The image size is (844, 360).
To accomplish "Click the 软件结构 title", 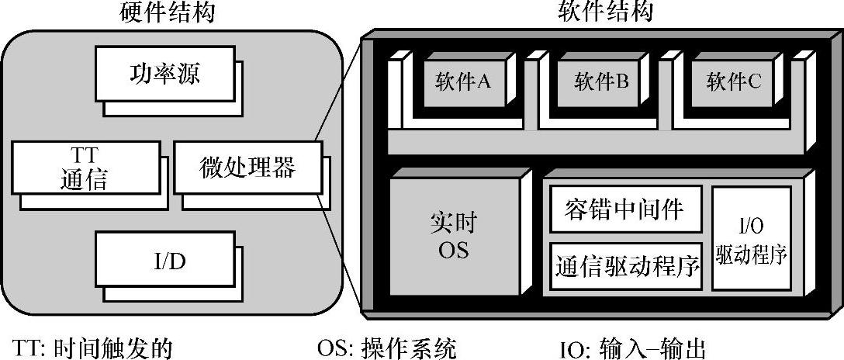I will (605, 12).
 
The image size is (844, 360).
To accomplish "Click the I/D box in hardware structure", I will (164, 261).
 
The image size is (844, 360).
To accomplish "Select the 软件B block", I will (601, 81).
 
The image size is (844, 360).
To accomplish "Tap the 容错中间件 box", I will (625, 209).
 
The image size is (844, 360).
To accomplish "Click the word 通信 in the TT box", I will (84, 180).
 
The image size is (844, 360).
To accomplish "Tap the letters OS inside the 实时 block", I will (453, 251).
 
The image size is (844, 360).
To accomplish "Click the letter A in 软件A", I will (483, 81).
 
